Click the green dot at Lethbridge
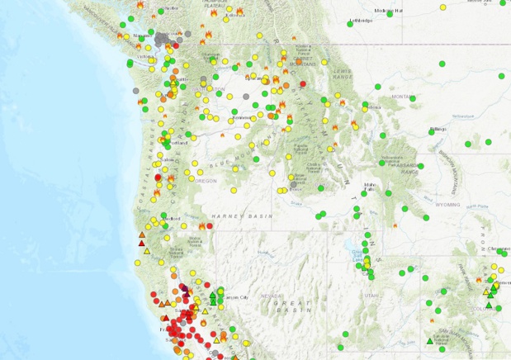[x=349, y=24]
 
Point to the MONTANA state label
[x=403, y=97]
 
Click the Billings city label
[x=438, y=129]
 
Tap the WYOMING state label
[x=448, y=204]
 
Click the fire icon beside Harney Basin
[x=202, y=225]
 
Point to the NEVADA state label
[x=274, y=296]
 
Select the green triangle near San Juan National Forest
[x=429, y=340]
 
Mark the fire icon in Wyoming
[x=395, y=225]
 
